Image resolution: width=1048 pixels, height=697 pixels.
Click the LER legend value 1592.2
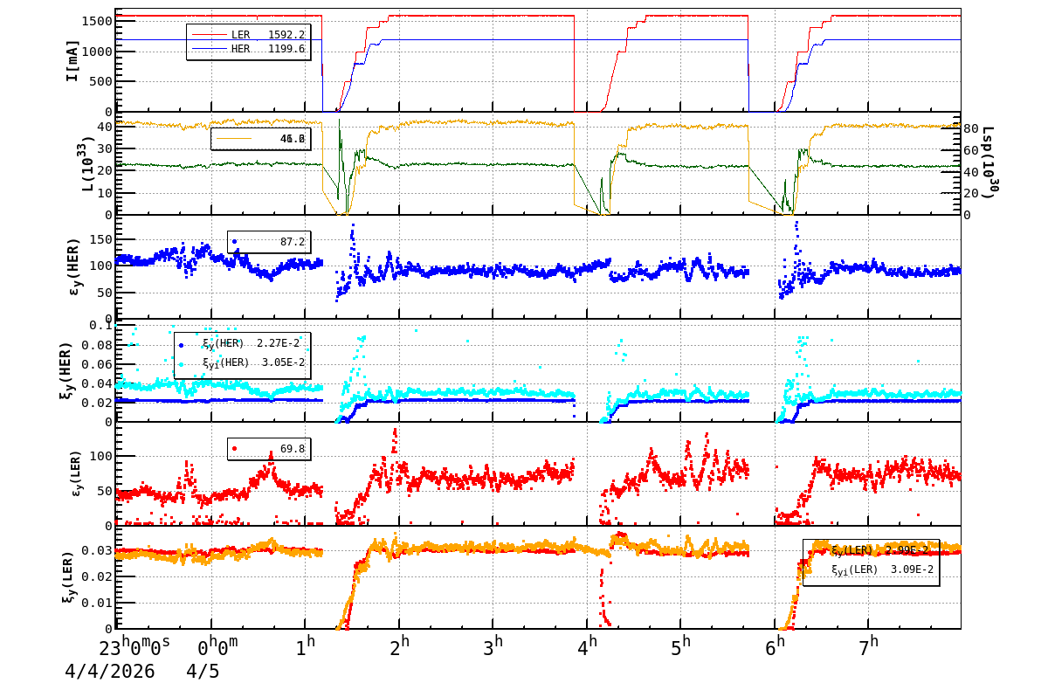(286, 34)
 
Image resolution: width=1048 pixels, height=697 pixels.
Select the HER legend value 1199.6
(286, 49)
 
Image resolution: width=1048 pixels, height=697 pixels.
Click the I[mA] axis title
(72, 61)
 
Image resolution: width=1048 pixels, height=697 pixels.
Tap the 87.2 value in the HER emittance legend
(293, 241)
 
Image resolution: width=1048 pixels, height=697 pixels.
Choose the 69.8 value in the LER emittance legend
(293, 449)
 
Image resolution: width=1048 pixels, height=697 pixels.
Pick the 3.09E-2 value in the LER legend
(912, 569)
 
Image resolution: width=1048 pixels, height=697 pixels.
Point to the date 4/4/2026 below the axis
(109, 672)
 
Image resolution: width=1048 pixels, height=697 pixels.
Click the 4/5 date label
(203, 672)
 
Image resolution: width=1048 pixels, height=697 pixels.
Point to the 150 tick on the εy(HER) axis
(100, 239)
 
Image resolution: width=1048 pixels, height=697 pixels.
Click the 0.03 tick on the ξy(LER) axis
(98, 550)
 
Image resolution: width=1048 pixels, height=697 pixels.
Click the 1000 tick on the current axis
(95, 52)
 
